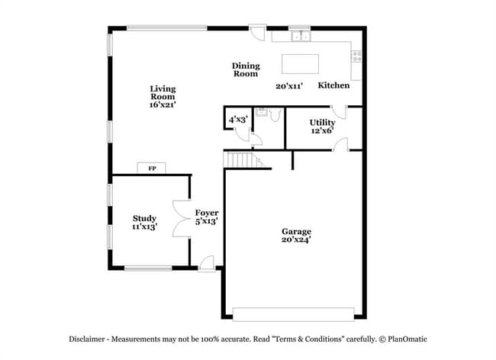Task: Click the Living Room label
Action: point(163,97)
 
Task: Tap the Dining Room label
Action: point(246,69)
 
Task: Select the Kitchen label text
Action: point(333,85)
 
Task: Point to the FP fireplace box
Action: point(151,168)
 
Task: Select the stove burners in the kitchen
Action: point(356,56)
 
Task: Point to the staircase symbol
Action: point(241,160)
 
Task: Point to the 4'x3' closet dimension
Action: point(237,119)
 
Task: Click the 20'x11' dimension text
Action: point(290,86)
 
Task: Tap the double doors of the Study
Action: point(181,220)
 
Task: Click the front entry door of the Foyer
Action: point(205,262)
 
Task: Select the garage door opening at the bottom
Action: point(293,313)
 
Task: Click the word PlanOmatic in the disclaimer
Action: point(408,339)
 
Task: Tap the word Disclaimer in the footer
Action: point(89,339)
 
